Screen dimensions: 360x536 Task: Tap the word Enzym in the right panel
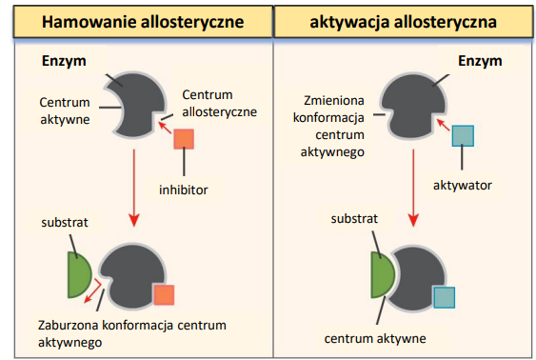pos(479,61)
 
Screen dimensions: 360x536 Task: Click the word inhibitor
pos(183,189)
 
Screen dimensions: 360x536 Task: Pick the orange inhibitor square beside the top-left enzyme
pos(184,139)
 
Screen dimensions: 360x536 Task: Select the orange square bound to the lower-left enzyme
pos(164,294)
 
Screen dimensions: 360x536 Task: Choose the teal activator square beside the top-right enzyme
pos(463,135)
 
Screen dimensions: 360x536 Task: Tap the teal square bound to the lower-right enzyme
pos(445,296)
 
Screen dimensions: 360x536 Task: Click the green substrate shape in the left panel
pos(78,272)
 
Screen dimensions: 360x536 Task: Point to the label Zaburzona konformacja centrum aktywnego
pos(133,329)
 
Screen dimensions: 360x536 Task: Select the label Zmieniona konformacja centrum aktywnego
pos(334,124)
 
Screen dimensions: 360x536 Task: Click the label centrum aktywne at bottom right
pos(374,337)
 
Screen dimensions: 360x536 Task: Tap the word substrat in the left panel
pos(64,226)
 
